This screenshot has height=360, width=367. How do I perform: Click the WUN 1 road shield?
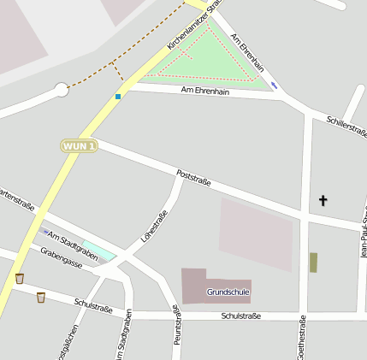pos(79,146)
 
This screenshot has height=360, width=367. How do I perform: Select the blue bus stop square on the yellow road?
pos(118,96)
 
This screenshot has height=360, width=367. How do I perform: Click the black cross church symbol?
pos(323,201)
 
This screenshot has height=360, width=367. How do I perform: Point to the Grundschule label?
pos(228,292)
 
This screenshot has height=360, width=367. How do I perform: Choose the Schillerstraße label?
pos(346,125)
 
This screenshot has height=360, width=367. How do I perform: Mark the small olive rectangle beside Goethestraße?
pos(313,263)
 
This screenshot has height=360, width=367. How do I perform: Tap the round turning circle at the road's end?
pos(61,89)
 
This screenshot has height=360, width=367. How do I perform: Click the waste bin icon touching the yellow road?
pos(20,278)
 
